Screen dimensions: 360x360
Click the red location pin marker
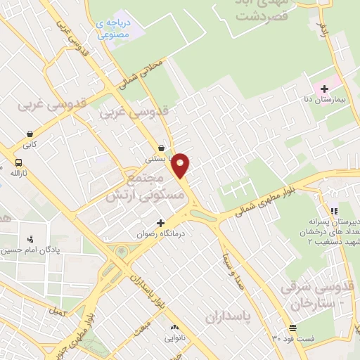pyautogui.click(x=181, y=165)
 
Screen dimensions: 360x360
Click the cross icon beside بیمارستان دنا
pyautogui.click(x=324, y=88)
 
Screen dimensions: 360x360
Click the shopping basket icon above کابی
pyautogui.click(x=30, y=134)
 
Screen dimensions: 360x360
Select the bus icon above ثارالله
pyautogui.click(x=16, y=162)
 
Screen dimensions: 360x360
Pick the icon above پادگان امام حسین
pyautogui.click(x=30, y=240)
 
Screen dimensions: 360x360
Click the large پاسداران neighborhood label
pyautogui.click(x=228, y=317)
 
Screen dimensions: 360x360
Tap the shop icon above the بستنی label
pyautogui.click(x=163, y=148)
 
